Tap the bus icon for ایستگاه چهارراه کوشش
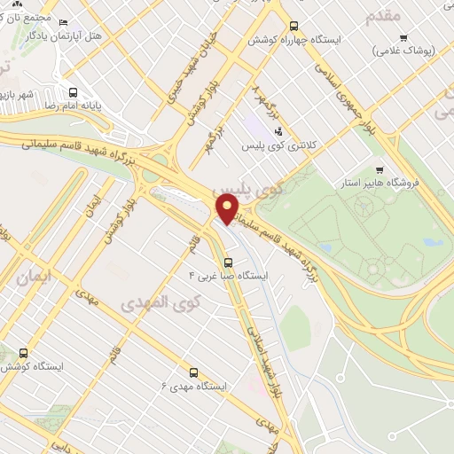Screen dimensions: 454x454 [x=295, y=26]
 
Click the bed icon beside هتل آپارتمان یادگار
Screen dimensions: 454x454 [x=63, y=24]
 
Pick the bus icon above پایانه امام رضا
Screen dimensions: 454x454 [x=72, y=90]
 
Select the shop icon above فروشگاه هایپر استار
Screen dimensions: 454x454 [x=380, y=169]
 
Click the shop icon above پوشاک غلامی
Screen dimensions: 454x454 [x=403, y=38]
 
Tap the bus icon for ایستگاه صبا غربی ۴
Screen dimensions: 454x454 [x=229, y=262]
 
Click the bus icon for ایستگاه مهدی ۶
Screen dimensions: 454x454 [x=193, y=372]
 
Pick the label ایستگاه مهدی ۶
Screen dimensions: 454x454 [x=193, y=386]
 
